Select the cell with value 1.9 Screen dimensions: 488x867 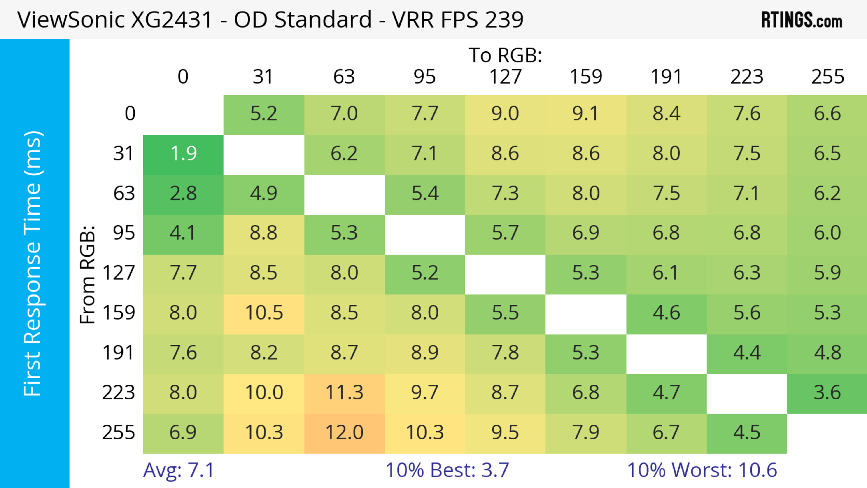click(x=183, y=154)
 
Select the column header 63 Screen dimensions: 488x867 click(x=344, y=77)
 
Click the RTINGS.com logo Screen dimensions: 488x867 click(x=802, y=20)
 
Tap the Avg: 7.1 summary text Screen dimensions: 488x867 click(x=178, y=470)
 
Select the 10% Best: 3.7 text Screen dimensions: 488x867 click(x=447, y=470)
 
